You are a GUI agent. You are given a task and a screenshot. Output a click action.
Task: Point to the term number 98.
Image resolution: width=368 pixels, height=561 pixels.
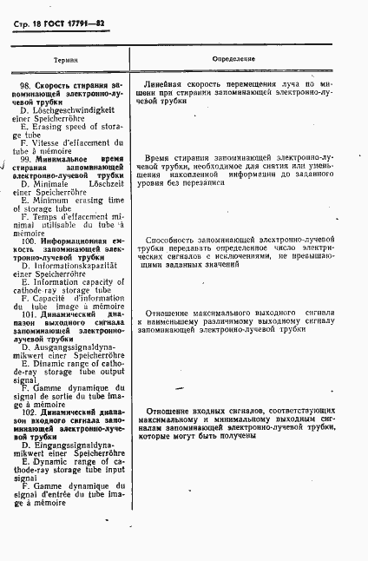pos(26,85)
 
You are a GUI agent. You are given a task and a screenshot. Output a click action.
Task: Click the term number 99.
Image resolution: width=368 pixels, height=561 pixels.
pos(26,159)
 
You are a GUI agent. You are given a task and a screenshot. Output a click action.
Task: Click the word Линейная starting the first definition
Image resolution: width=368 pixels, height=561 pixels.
pos(168,85)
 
